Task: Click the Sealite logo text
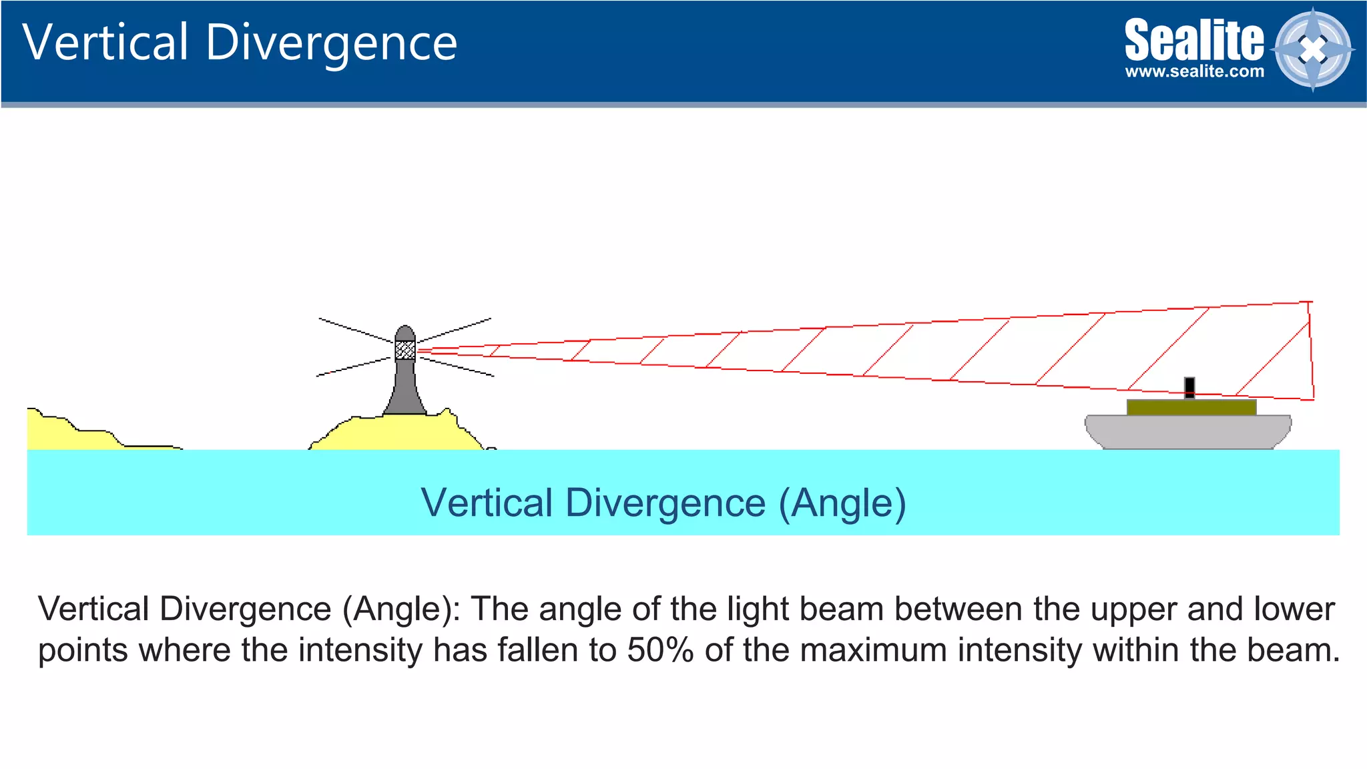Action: coord(1193,40)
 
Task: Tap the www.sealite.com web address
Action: coord(1194,71)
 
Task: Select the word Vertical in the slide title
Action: coord(105,43)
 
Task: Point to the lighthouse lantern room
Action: coord(405,350)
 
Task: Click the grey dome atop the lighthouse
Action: coord(405,333)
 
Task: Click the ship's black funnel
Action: coord(1189,387)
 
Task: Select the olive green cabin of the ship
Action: coord(1191,407)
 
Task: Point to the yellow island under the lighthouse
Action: coord(400,433)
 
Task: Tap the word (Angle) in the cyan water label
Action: coord(842,503)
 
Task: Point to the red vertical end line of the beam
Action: coord(1312,350)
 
